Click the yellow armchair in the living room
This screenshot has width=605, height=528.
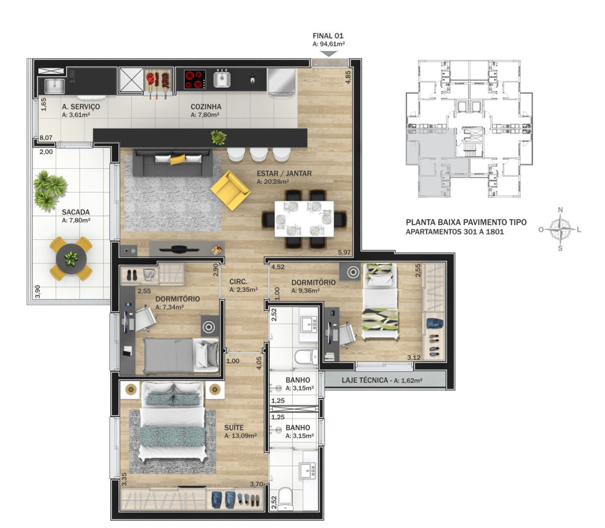(x=230, y=190)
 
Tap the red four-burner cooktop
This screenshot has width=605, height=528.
(x=195, y=79)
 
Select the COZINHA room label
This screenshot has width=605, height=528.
(x=206, y=107)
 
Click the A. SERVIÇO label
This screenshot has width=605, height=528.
(x=81, y=107)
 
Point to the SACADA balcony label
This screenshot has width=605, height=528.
(x=76, y=212)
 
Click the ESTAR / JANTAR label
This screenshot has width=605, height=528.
(x=284, y=173)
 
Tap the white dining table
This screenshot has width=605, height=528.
(x=304, y=219)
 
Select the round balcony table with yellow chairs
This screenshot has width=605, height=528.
(x=71, y=258)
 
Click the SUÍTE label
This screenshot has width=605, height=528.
(x=234, y=427)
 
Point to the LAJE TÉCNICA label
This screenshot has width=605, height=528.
(x=365, y=380)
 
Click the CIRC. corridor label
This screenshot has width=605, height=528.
(x=238, y=282)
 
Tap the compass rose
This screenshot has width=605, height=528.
(x=560, y=229)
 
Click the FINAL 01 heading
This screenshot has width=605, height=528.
(x=328, y=36)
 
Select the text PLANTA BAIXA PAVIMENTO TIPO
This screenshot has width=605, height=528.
(x=466, y=222)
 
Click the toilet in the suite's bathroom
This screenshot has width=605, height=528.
(x=286, y=498)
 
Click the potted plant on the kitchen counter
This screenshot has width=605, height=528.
(x=218, y=137)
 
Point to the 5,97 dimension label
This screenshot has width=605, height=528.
(x=344, y=252)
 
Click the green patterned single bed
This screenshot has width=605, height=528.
(x=380, y=302)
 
